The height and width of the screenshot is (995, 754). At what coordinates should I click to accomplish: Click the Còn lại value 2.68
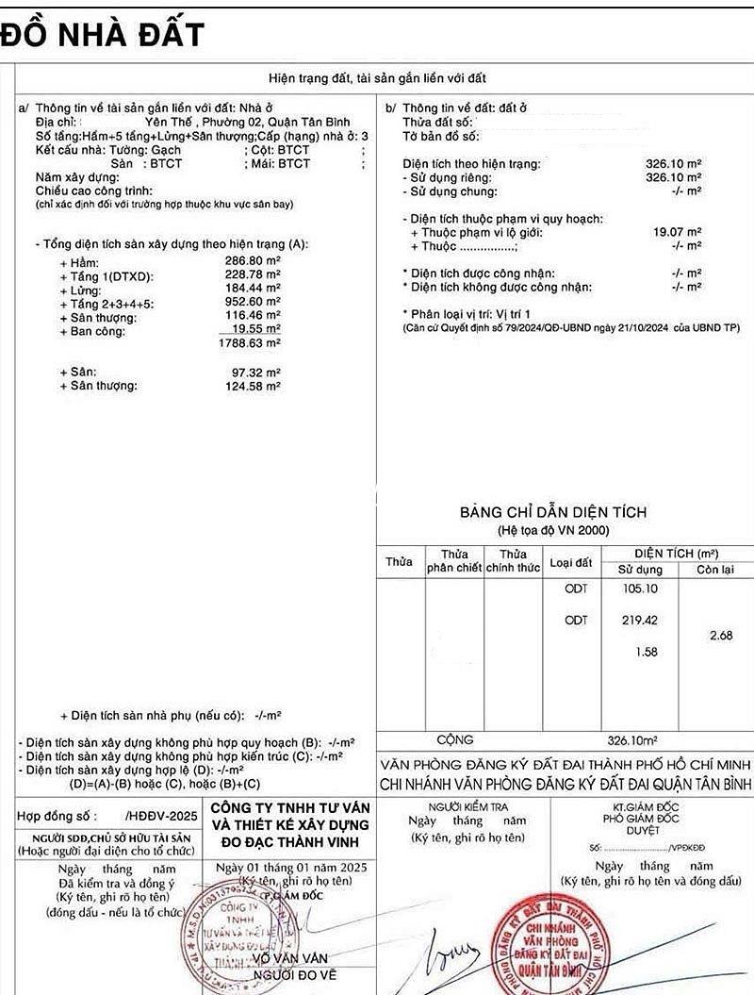pyautogui.click(x=721, y=636)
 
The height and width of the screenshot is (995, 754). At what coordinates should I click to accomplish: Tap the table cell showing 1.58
pyautogui.click(x=647, y=652)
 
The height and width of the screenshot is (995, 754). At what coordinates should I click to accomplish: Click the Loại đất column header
pyautogui.click(x=570, y=562)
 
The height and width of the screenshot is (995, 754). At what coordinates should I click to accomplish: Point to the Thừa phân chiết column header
pyautogui.click(x=454, y=561)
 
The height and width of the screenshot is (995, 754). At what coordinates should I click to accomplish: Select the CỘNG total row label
pyautogui.click(x=455, y=740)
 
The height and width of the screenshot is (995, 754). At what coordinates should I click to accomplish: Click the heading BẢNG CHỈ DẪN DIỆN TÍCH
pyautogui.click(x=552, y=512)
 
